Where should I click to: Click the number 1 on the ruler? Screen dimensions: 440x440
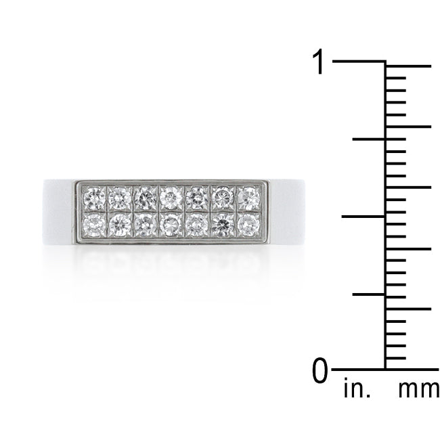[x=317, y=63]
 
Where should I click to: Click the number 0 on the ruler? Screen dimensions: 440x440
[x=320, y=371]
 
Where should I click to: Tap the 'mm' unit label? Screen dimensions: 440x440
[x=418, y=391]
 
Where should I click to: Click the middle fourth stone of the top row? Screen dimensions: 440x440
[x=169, y=198]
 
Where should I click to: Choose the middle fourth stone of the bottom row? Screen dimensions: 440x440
[x=169, y=223]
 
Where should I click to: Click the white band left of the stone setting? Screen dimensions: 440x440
[x=58, y=209]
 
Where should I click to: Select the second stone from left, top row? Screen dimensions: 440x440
[x=120, y=198]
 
